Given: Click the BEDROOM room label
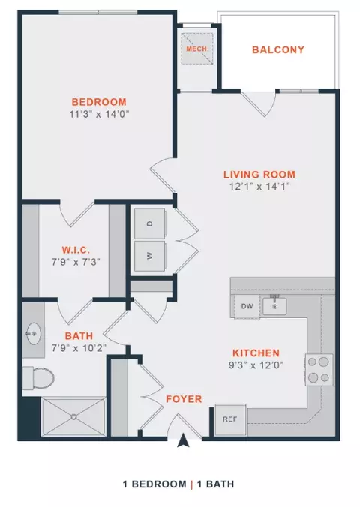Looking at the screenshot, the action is tap(99, 102).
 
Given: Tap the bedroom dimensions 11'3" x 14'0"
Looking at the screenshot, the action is tap(99, 114).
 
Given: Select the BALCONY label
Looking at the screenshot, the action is tap(278, 49).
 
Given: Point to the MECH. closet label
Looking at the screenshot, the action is tap(197, 49).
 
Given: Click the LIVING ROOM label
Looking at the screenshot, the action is tap(259, 175).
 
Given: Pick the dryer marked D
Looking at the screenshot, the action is tap(150, 223).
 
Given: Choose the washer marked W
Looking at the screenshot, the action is tap(150, 256).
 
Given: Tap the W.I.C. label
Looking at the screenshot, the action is tap(76, 250).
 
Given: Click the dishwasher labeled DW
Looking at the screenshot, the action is tap(247, 306).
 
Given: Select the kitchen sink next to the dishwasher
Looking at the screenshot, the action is tap(274, 306).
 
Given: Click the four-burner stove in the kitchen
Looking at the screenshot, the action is tap(319, 370).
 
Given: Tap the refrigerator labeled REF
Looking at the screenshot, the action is tap(230, 420).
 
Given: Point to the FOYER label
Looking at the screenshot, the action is tap(184, 399).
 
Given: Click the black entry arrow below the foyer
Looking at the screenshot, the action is tap(184, 441).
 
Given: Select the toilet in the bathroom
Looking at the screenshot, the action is tap(38, 378).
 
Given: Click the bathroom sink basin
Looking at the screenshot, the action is tap(33, 333).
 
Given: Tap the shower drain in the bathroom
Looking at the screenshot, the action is tap(74, 417).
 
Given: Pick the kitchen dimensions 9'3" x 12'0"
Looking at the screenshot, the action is tap(256, 365).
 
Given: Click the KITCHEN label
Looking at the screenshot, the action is tap(256, 352).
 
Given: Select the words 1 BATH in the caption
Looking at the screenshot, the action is tap(215, 484).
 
